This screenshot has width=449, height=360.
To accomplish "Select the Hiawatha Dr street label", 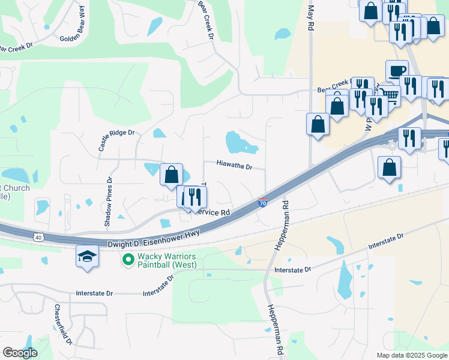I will (x=234, y=165).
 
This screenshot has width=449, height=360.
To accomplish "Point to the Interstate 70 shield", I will (x=263, y=203).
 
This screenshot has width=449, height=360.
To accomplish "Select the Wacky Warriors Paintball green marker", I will (x=127, y=260).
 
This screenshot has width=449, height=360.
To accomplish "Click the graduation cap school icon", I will (x=87, y=256).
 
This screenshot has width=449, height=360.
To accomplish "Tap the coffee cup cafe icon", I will (x=397, y=71).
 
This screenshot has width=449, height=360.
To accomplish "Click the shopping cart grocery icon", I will (x=391, y=94).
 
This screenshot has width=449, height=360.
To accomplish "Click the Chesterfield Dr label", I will (x=64, y=325).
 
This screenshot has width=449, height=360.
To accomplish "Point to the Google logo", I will (x=20, y=353).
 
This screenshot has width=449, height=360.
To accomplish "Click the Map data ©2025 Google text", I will (x=411, y=355).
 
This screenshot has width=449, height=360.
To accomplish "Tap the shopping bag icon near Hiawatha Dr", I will (x=172, y=175).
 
